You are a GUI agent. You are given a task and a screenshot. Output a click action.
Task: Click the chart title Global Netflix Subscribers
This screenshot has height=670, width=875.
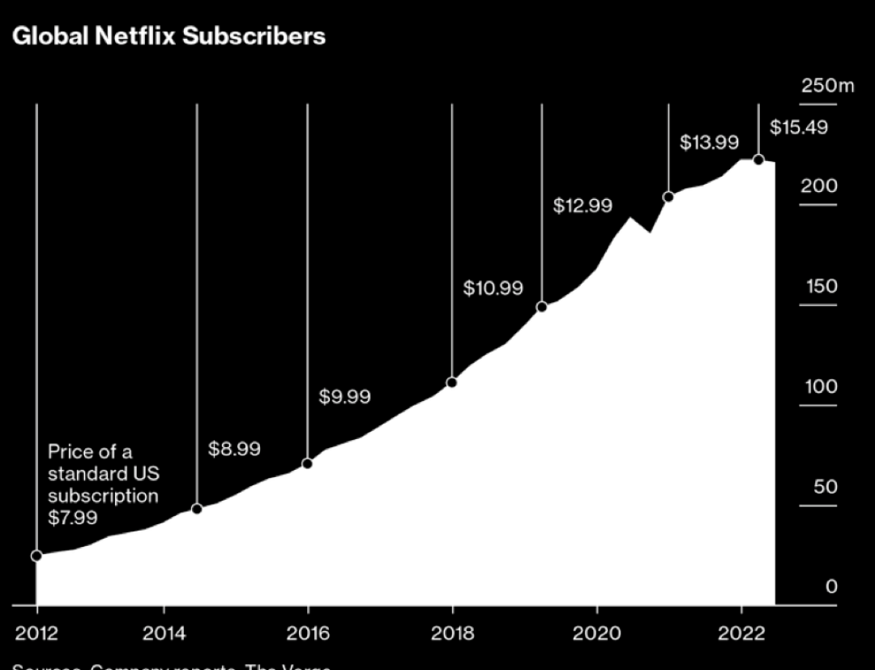[169, 36]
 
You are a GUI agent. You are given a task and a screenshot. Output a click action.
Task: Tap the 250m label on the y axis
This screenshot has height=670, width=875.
[827, 86]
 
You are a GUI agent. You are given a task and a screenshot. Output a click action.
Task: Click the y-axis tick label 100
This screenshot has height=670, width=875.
[820, 387]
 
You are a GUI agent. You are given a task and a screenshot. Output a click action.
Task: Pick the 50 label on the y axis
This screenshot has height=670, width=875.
[825, 488]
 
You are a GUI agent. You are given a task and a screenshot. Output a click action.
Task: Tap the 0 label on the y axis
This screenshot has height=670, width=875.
[831, 587]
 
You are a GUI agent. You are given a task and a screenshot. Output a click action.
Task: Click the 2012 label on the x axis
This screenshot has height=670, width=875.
[37, 633]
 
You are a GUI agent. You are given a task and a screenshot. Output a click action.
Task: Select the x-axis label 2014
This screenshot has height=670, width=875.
[164, 633]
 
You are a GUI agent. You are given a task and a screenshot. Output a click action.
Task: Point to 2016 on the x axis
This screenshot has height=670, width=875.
[308, 633]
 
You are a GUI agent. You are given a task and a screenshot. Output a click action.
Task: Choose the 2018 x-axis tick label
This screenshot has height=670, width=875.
[452, 633]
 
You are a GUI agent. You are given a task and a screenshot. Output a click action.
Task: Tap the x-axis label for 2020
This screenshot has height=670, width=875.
[597, 633]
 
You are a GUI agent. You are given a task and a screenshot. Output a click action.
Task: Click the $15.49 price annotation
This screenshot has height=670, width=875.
[798, 128]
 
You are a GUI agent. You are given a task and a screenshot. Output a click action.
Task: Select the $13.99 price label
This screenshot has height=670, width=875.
[709, 143]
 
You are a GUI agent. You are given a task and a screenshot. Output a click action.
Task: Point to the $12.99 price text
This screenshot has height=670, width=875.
[583, 206]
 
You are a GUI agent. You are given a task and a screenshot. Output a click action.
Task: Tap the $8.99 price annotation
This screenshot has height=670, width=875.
[234, 449]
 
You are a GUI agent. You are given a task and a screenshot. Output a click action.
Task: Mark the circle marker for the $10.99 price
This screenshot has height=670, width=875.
[452, 382]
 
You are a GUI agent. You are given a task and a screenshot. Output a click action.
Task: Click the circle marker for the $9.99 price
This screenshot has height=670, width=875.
[307, 463]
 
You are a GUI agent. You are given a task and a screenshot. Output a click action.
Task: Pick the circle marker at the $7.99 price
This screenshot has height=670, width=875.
[36, 556]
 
